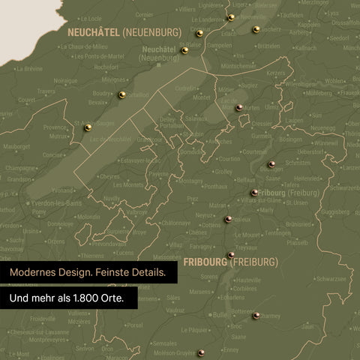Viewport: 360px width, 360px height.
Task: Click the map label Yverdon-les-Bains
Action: coord(53,203)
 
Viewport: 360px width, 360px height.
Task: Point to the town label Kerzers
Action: coord(276,73)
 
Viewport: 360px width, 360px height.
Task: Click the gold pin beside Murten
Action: coord(239,108)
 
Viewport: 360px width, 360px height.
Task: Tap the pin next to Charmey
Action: coord(256,316)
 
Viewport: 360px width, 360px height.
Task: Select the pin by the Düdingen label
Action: coord(271,164)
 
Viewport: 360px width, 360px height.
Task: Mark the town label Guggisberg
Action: coord(335,212)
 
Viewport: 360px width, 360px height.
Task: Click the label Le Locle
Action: coord(91,18)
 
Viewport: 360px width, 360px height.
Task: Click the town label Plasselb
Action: coord(297,243)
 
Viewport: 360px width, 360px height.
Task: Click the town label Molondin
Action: coord(88,217)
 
